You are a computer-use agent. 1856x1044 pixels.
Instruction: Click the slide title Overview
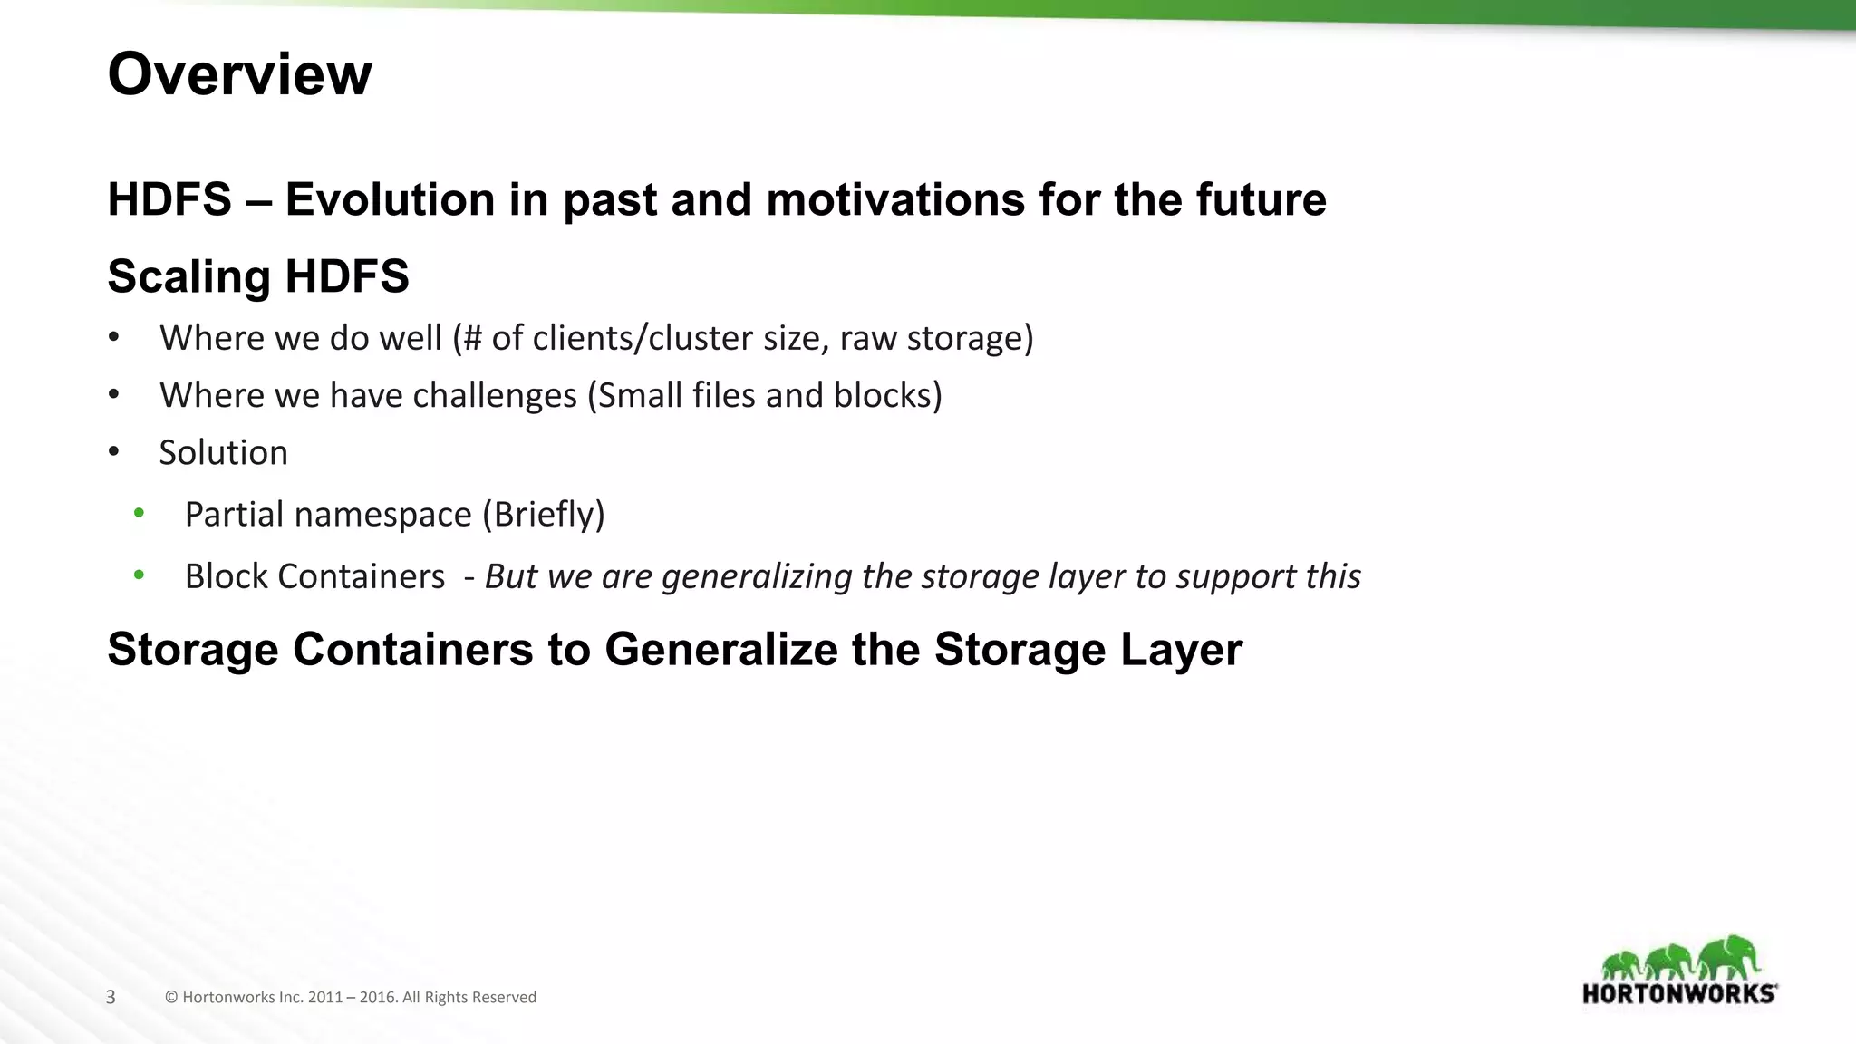tap(239, 74)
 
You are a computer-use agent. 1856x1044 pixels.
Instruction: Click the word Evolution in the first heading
tap(390, 199)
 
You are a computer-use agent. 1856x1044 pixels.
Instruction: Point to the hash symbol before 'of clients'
tap(472, 338)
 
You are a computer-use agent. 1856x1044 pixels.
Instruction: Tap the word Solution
tap(223, 453)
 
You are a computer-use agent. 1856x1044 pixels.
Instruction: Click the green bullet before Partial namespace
tap(139, 514)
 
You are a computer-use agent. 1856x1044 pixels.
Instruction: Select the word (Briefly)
tap(543, 515)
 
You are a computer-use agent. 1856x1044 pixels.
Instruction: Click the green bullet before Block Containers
tap(139, 575)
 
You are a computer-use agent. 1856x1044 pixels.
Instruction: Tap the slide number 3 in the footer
tap(111, 998)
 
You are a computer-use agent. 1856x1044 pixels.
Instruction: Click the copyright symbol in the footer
tap(171, 998)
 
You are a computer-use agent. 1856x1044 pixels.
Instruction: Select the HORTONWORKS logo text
tap(1679, 994)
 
